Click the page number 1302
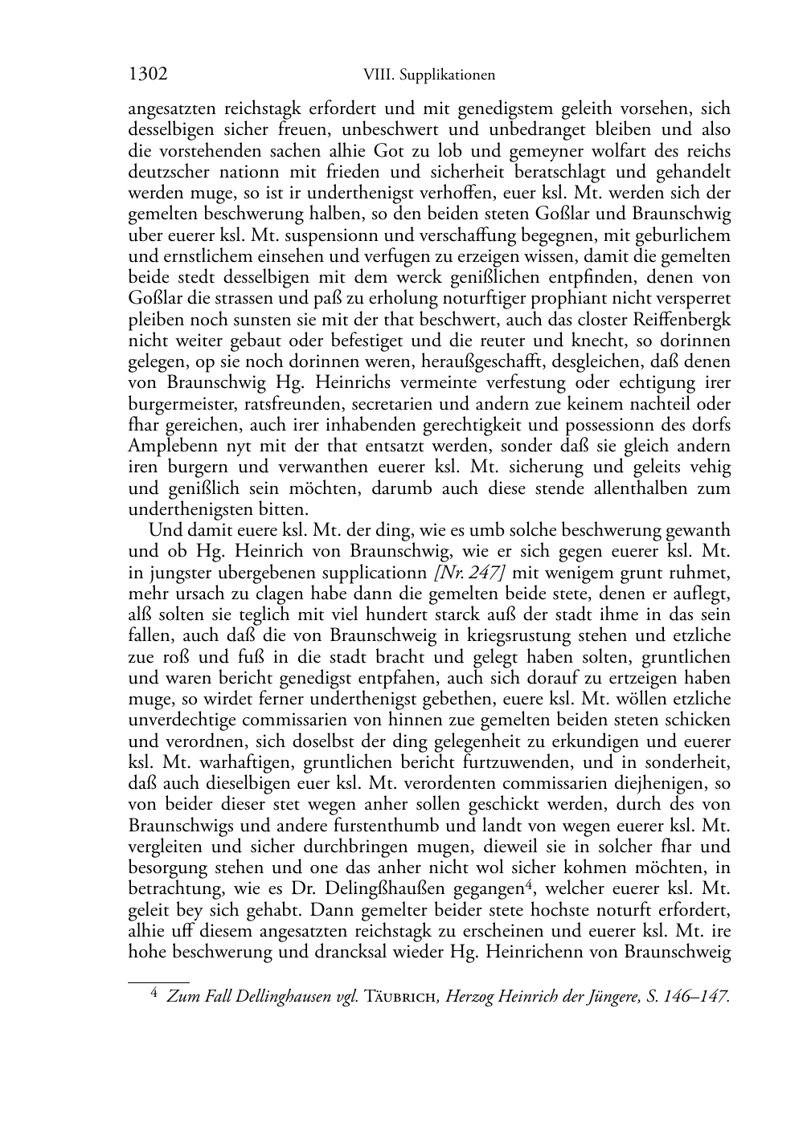tap(148, 76)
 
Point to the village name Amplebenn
tap(168, 446)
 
